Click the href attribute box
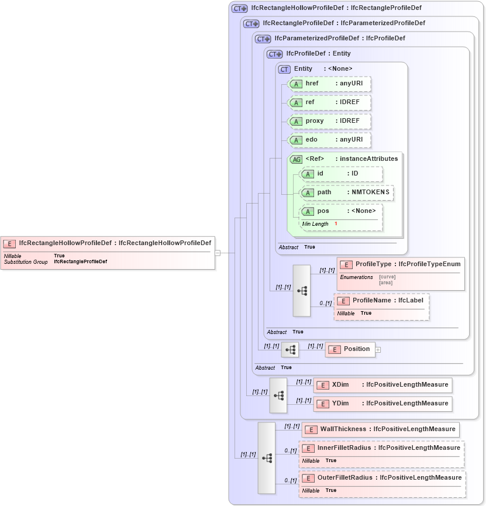click(x=330, y=84)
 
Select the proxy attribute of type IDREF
click(x=330, y=121)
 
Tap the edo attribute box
click(x=330, y=140)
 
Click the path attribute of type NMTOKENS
click(x=346, y=192)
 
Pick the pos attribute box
click(x=341, y=211)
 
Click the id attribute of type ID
click(x=341, y=174)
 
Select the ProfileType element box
click(x=401, y=264)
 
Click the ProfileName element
click(x=382, y=301)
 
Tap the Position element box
click(x=350, y=349)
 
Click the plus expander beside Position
click(x=378, y=350)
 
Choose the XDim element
click(x=383, y=385)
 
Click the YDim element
click(x=383, y=404)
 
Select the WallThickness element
click(x=381, y=429)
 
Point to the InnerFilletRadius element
click(x=382, y=448)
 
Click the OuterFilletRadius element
click(x=382, y=478)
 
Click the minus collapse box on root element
click(x=218, y=253)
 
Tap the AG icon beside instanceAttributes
click(x=296, y=159)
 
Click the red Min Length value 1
click(x=336, y=224)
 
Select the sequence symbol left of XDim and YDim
click(x=278, y=396)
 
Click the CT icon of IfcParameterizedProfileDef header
click(x=263, y=39)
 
